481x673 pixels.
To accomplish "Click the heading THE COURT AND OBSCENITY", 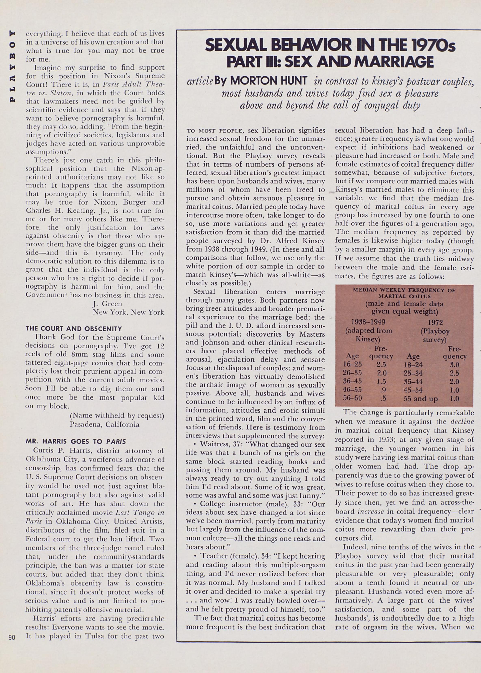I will coord(74,329).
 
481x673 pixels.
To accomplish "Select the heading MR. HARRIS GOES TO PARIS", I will coord(76,441).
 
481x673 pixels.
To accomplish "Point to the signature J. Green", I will coord(107,303).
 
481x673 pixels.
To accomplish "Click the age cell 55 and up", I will coord(421,399).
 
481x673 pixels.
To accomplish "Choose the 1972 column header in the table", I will coord(435,322).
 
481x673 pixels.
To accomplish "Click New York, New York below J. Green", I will coord(128,312).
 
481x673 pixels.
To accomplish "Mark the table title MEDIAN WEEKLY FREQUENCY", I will coord(404,293).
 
